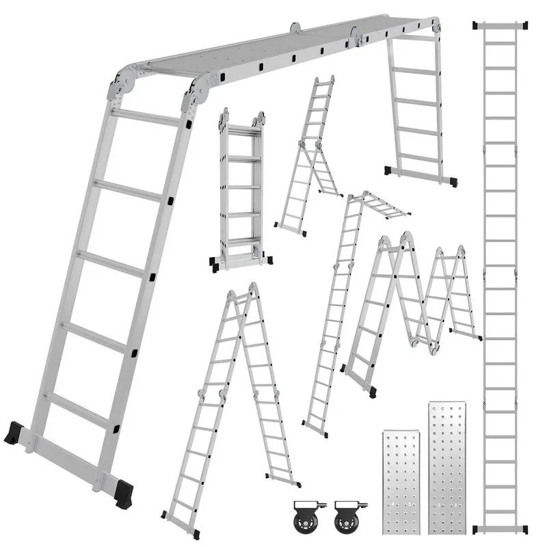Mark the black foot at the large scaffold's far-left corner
click(x=14, y=433)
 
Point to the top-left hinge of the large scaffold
click(x=122, y=85)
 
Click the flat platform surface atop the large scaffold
click(x=273, y=51)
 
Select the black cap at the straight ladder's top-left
click(x=476, y=25)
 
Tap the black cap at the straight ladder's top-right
click(x=524, y=25)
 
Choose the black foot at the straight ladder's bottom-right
click(x=524, y=529)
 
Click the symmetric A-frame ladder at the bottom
click(x=229, y=403)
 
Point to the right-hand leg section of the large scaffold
click(x=417, y=103)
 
